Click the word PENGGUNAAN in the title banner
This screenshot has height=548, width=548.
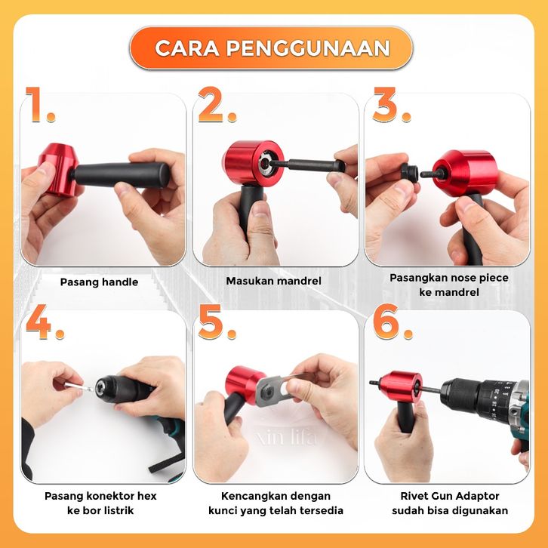tap(308, 48)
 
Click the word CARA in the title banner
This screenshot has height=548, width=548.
tap(187, 48)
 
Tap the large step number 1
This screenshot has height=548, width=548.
tap(39, 104)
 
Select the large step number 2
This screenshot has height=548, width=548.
tap(217, 104)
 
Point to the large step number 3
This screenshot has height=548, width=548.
tap(392, 104)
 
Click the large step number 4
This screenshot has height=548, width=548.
tap(45, 322)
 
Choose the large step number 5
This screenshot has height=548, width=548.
tap(217, 322)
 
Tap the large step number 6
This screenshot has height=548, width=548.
tap(393, 322)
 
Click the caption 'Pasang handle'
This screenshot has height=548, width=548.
tap(99, 282)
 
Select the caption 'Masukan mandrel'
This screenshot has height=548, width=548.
tap(273, 281)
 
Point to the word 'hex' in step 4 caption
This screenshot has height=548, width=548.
tap(146, 496)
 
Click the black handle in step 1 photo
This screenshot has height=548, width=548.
tap(121, 175)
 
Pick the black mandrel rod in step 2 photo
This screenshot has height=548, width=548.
tap(307, 165)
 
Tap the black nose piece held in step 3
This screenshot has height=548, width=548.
tap(410, 171)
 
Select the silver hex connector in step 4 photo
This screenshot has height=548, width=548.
tap(79, 387)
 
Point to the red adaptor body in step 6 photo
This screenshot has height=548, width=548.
tap(402, 386)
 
